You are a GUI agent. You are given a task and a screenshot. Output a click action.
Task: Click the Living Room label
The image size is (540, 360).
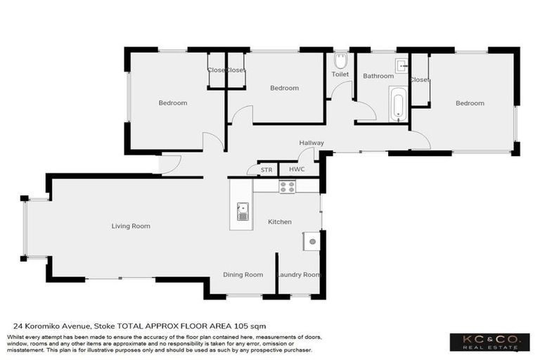[x=131, y=226]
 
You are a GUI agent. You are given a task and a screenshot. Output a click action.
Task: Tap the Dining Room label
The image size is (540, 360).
[x=243, y=275]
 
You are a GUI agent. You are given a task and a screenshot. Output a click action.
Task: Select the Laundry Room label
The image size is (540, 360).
[x=299, y=275]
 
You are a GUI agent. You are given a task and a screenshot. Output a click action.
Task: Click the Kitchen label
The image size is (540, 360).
[x=279, y=222]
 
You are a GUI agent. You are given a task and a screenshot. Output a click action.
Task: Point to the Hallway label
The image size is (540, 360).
[x=311, y=143]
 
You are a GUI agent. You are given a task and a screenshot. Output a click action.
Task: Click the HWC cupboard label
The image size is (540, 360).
[x=296, y=170]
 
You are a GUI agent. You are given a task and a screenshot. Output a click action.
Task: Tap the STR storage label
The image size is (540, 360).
[x=266, y=170]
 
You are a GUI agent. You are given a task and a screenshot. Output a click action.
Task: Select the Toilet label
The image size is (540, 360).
[x=340, y=74]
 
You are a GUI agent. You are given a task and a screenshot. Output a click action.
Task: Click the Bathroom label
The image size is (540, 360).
[x=378, y=76]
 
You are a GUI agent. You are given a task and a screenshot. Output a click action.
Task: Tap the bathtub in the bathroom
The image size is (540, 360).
[x=398, y=105]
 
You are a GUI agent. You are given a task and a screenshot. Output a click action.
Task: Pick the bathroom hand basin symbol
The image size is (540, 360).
[x=401, y=66]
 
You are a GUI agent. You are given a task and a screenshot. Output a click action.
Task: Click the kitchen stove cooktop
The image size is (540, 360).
[x=287, y=186]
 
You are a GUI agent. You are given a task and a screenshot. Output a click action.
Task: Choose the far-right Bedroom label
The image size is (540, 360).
[x=470, y=103]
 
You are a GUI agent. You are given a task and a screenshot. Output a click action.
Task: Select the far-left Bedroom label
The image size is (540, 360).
[x=173, y=103]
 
